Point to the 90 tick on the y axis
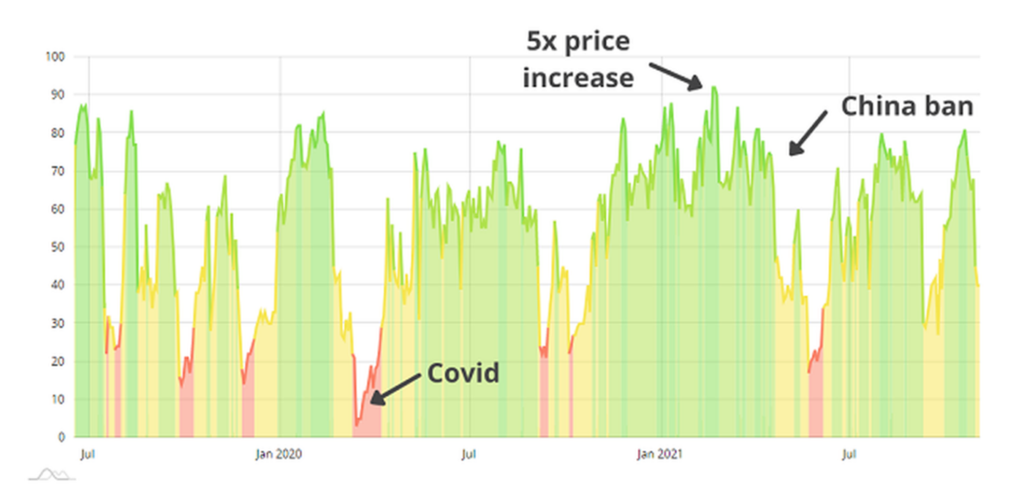(x=55, y=95)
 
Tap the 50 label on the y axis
(x=56, y=247)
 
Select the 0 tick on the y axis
(x=60, y=437)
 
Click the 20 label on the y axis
(x=56, y=361)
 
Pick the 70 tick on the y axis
(x=55, y=171)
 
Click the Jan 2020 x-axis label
(x=278, y=454)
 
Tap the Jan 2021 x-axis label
(x=658, y=454)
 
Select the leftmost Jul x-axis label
(x=87, y=454)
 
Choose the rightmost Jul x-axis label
(x=849, y=454)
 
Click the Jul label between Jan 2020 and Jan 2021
(x=469, y=454)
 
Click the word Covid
(x=463, y=373)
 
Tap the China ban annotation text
(x=907, y=106)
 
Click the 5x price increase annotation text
(x=578, y=59)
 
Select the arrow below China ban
(x=807, y=133)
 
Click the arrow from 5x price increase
(x=676, y=75)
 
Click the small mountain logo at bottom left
(x=52, y=475)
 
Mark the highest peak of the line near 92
(x=714, y=87)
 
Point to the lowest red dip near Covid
(x=357, y=425)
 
